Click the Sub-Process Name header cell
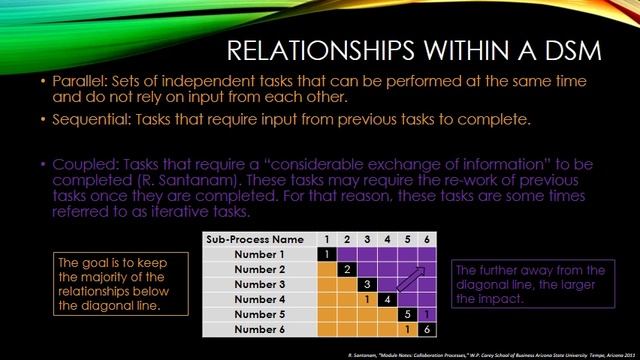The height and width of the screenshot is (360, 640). coord(255,240)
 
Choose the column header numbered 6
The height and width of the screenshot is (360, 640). coord(427,240)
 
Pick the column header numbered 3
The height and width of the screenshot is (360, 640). coord(368,240)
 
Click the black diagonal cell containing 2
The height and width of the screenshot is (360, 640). coord(347,270)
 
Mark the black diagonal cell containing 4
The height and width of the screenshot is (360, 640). coord(387,299)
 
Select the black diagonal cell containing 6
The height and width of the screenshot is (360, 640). coord(427,329)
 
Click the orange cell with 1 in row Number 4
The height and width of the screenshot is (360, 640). coord(368,299)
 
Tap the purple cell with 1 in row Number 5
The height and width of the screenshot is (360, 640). coord(427,314)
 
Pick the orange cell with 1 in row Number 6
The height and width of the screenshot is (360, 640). coord(407,329)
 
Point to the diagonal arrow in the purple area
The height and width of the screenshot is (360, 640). coord(414,277)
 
